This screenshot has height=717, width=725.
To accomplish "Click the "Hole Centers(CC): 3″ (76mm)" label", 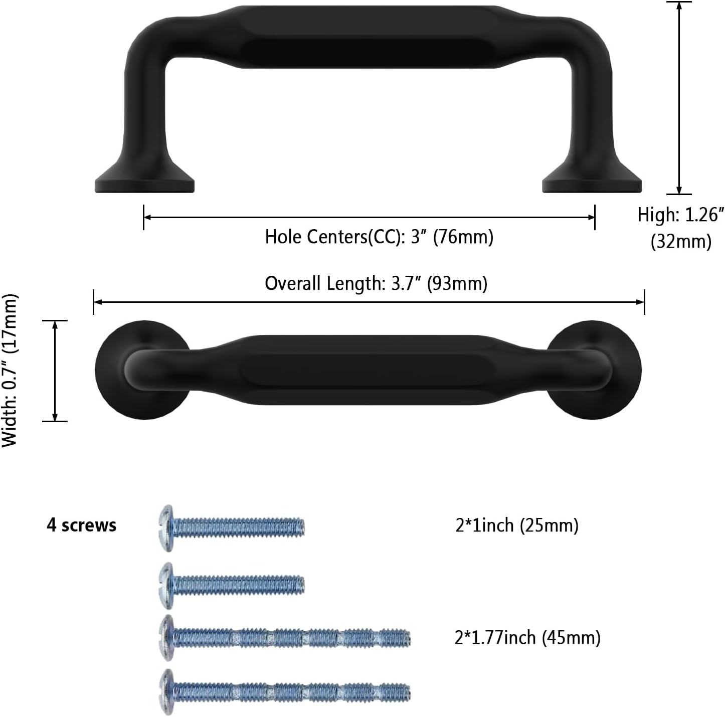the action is pos(379,237).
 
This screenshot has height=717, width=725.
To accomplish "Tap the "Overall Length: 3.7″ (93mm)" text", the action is pos(376,283).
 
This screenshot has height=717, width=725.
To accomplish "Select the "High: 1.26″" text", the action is pos(680,215).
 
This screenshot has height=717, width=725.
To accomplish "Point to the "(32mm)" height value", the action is pos(681,241).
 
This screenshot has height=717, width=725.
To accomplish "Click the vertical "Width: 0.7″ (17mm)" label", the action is pos(10,371).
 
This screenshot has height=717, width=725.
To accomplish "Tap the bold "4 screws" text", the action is pos(81,525).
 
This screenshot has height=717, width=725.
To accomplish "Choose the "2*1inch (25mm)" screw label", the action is pos(516,525).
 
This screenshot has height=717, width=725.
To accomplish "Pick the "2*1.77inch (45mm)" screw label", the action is pos(527,638).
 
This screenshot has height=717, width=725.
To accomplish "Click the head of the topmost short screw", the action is pos(166,528).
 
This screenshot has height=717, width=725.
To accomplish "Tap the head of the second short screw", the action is pos(166,586).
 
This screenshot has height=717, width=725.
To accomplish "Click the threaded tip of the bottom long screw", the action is pos(406,692).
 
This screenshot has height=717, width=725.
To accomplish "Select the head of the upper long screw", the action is pos(166,638).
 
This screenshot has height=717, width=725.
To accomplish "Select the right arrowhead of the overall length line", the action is pos(639,302).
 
